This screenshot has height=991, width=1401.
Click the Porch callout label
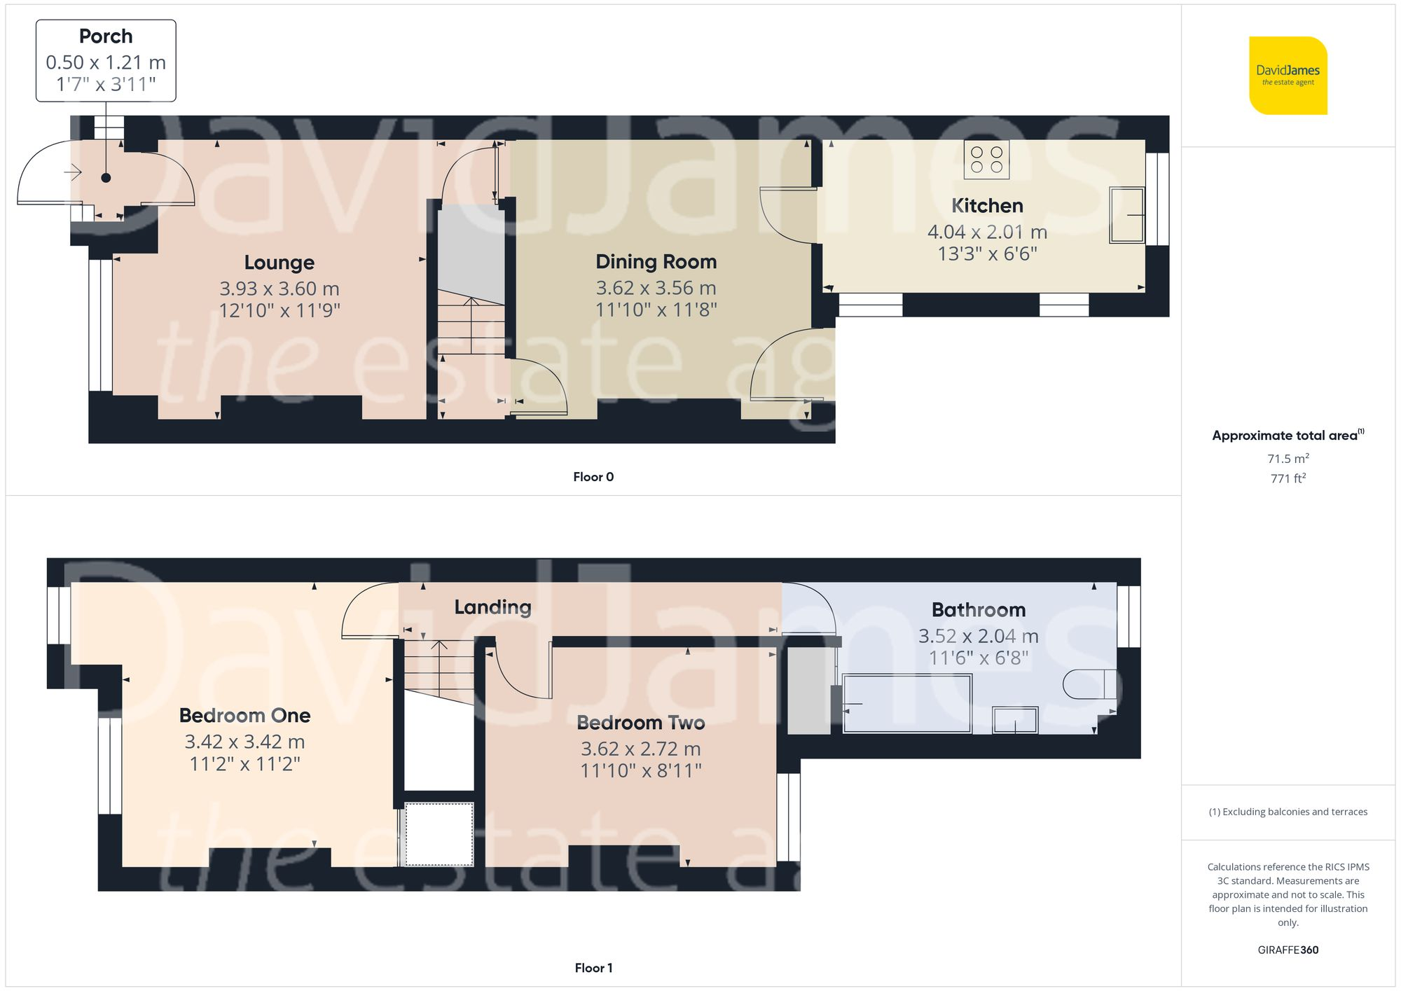[106, 60]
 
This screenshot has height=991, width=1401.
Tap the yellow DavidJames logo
[1288, 76]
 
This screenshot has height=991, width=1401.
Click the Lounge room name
[279, 263]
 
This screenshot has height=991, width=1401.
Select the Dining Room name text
[656, 262]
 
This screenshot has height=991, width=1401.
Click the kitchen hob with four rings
[986, 160]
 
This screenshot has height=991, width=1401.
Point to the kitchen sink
[1126, 215]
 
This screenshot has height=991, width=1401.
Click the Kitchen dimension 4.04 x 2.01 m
[986, 232]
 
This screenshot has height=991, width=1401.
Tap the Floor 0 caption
[593, 477]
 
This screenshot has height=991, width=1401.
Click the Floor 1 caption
[593, 968]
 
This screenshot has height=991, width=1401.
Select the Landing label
[492, 607]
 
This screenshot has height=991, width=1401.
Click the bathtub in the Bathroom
[907, 703]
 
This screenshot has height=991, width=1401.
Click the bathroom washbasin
[1015, 720]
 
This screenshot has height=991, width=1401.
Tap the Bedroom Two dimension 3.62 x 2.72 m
[640, 749]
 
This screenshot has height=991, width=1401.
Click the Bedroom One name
[244, 716]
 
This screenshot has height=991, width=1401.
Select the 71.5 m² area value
[1288, 459]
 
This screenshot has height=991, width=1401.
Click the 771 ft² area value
[1288, 478]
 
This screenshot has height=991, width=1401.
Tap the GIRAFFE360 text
[1288, 950]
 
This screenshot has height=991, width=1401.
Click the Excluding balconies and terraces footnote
[1288, 812]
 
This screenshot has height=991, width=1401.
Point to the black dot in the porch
[106, 178]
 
